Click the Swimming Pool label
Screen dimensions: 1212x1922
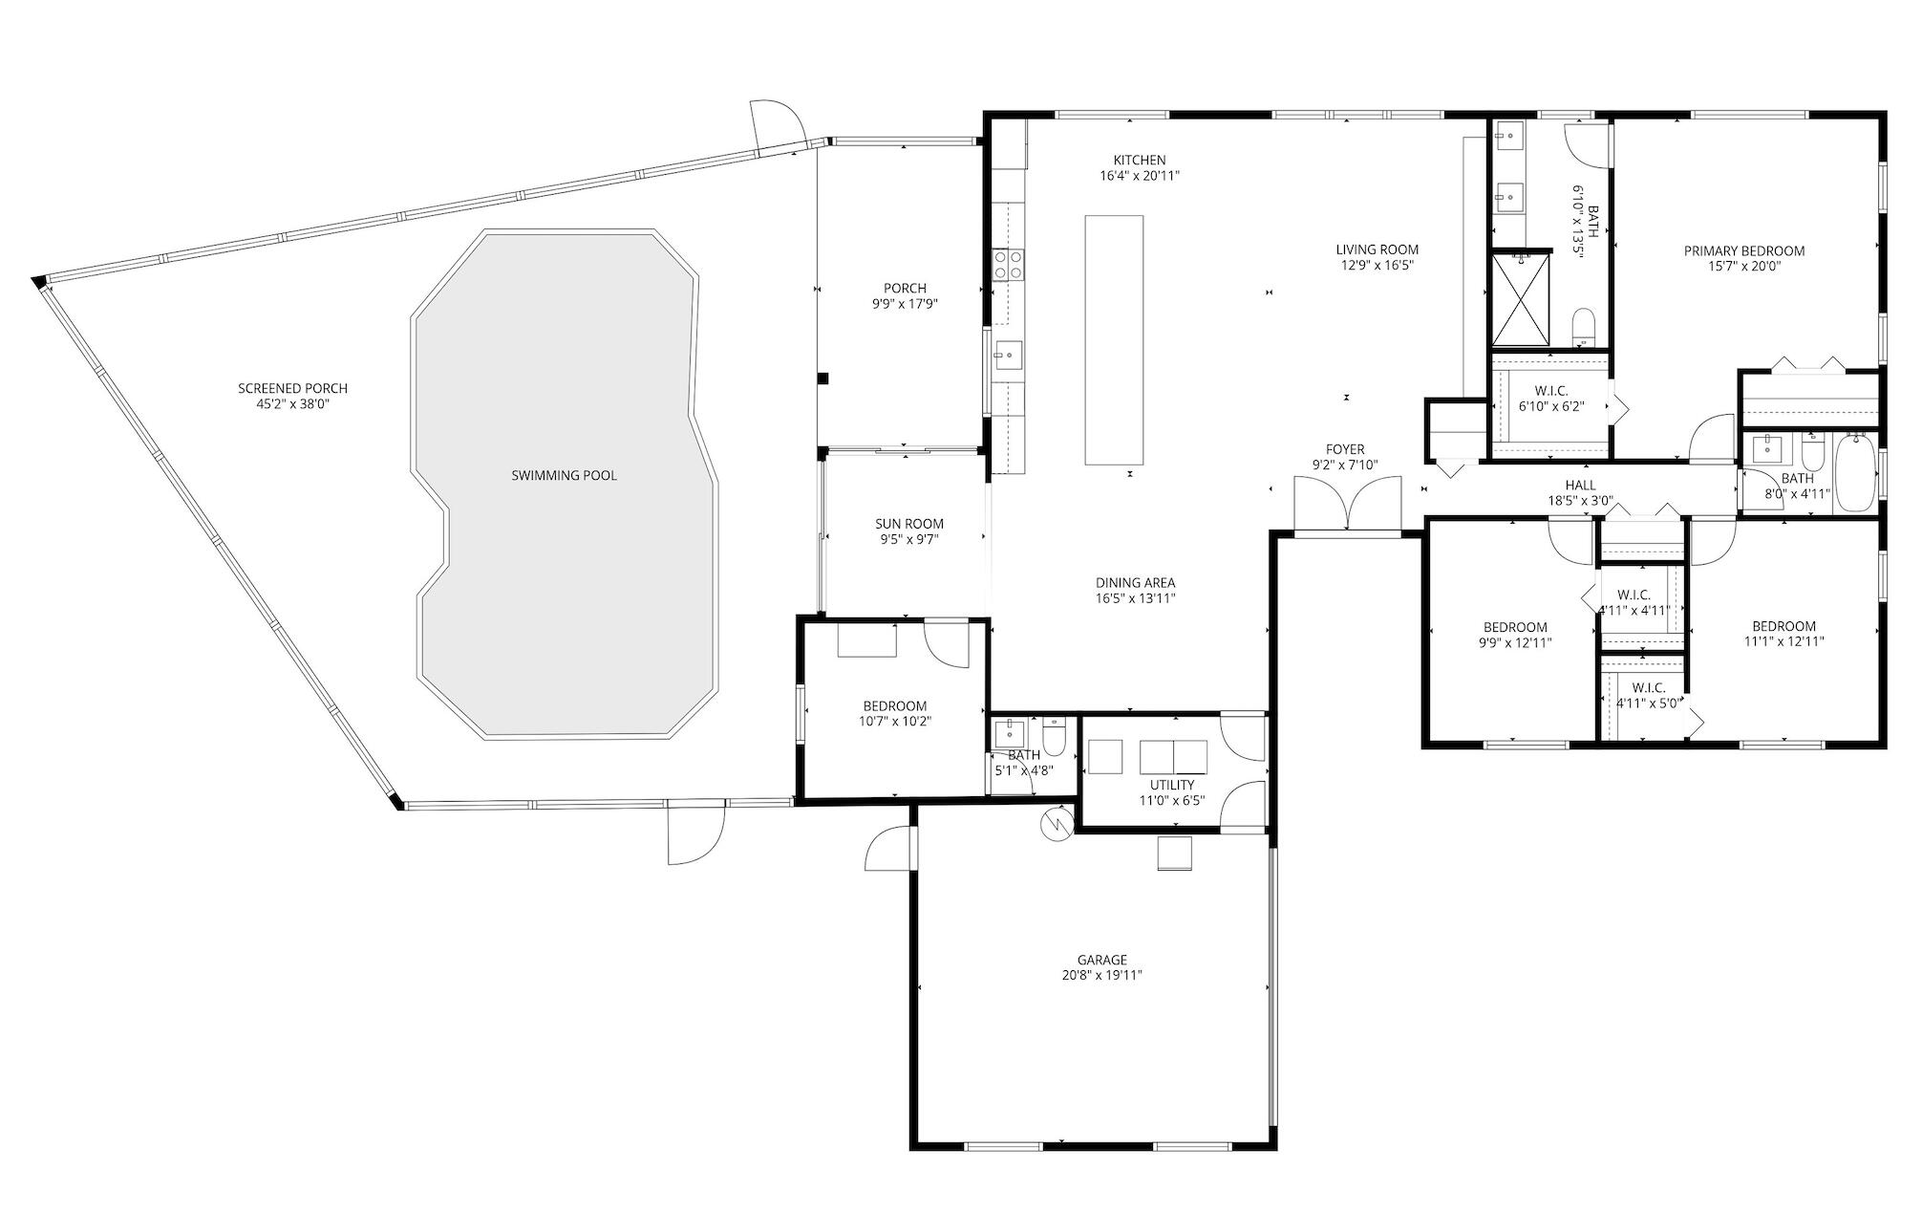click(564, 475)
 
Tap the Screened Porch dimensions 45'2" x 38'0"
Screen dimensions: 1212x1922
click(292, 404)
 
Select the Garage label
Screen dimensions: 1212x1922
click(1101, 960)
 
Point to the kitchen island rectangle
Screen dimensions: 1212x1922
click(1114, 340)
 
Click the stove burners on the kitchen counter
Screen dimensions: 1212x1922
click(1008, 264)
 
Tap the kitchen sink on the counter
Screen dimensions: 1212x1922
click(1007, 355)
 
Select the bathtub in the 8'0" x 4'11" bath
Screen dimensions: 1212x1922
click(1856, 473)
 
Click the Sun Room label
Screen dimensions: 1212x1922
click(909, 524)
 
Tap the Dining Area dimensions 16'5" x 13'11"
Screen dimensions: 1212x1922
click(1135, 598)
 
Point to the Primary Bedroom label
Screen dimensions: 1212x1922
click(1743, 251)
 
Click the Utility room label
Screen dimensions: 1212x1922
click(1171, 785)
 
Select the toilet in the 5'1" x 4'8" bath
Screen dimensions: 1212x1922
click(1054, 738)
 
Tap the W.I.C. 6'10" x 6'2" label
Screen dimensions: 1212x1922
click(1550, 391)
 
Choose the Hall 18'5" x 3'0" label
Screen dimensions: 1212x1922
click(1580, 486)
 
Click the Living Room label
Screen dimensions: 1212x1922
click(1377, 249)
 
